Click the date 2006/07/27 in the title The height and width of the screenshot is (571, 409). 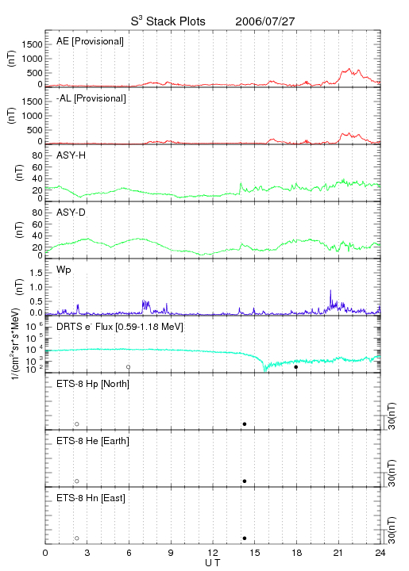pyautogui.click(x=264, y=21)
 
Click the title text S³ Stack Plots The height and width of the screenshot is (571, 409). pyautogui.click(x=168, y=21)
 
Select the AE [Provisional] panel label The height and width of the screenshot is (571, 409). pyautogui.click(x=90, y=41)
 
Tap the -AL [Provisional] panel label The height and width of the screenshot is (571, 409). pyautogui.click(x=91, y=98)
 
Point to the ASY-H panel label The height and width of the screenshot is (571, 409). pyautogui.click(x=71, y=155)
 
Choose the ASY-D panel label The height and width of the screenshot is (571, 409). pyautogui.click(x=71, y=213)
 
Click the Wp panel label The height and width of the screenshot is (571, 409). pyautogui.click(x=64, y=270)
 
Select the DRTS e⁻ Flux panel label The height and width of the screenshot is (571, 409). pyautogui.click(x=120, y=327)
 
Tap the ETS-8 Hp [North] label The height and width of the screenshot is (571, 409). pyautogui.click(x=93, y=384)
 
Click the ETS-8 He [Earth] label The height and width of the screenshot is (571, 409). pyautogui.click(x=93, y=441)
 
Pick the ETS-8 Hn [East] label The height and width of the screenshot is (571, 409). pyautogui.click(x=91, y=498)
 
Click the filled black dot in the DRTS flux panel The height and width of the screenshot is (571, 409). pyautogui.click(x=296, y=367)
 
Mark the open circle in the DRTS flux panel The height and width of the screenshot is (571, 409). pyautogui.click(x=129, y=367)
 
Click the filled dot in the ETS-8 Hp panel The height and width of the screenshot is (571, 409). pyautogui.click(x=245, y=423)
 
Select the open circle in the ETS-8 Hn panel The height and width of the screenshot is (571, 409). pyautogui.click(x=77, y=538)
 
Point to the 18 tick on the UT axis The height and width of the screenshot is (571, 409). pyautogui.click(x=297, y=553)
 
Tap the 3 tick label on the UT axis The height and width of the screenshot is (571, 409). pyautogui.click(x=87, y=553)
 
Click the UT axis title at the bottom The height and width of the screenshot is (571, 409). pyautogui.click(x=213, y=563)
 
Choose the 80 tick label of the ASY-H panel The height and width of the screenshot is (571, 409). pyautogui.click(x=37, y=155)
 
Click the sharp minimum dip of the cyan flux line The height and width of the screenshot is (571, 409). pyautogui.click(x=264, y=370)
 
